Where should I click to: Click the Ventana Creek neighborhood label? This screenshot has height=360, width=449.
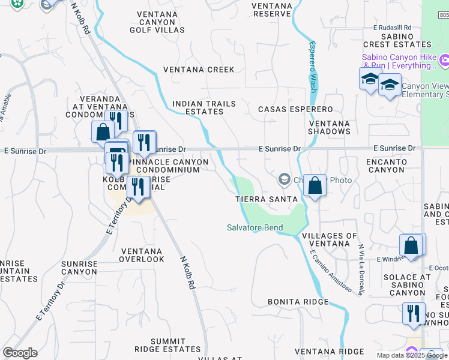(x=203, y=70)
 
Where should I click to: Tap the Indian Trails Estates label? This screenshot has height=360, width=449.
(x=203, y=108)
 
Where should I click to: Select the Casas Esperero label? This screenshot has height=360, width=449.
(x=295, y=109)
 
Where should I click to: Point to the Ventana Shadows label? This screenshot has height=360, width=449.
(x=329, y=128)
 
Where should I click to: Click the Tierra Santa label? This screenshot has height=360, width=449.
(x=266, y=199)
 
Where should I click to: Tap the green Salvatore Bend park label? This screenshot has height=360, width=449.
(x=255, y=227)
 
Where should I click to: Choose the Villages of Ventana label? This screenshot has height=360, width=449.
(x=329, y=240)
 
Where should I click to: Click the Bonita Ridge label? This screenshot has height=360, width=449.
(x=298, y=302)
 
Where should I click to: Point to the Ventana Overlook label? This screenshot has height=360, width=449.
(x=142, y=255)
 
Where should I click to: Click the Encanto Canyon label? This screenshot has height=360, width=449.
(x=386, y=166)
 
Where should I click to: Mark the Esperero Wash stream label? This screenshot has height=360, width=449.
(x=312, y=66)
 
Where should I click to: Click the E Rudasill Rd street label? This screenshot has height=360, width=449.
(x=392, y=28)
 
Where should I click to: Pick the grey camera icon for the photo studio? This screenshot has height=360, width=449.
(x=284, y=179)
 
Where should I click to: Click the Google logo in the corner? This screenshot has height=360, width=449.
(x=20, y=353)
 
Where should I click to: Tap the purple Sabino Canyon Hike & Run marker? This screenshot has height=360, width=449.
(x=444, y=60)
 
